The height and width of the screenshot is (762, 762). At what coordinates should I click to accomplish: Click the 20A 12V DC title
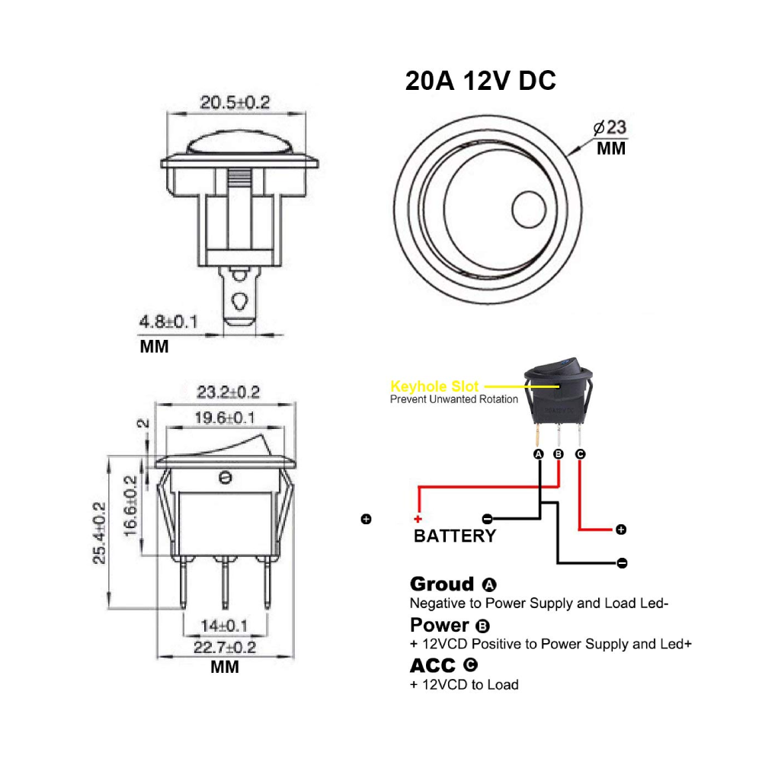pyautogui.click(x=481, y=81)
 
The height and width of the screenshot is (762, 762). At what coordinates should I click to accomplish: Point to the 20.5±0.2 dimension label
pyautogui.click(x=235, y=103)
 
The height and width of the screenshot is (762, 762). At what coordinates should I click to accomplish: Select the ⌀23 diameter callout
pyautogui.click(x=610, y=127)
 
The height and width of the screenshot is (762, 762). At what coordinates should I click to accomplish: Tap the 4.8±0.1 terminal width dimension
pyautogui.click(x=168, y=322)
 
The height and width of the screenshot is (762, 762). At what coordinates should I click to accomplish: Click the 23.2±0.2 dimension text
pyautogui.click(x=228, y=392)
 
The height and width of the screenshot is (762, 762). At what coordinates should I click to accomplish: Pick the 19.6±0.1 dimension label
pyautogui.click(x=225, y=418)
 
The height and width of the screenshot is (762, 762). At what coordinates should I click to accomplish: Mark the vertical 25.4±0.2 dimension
pyautogui.click(x=99, y=533)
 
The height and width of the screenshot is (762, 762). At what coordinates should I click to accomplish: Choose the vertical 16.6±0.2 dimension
pyautogui.click(x=131, y=506)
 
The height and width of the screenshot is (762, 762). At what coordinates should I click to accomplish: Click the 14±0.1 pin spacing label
pyautogui.click(x=225, y=626)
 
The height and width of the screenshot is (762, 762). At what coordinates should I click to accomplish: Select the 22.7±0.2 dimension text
pyautogui.click(x=225, y=647)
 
